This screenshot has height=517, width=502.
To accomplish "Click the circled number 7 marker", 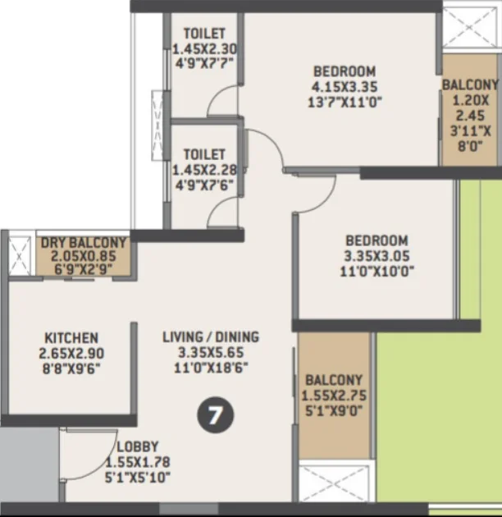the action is point(215,415).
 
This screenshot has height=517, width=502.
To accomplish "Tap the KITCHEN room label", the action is point(71,338).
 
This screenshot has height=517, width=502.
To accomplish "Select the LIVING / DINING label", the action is point(211,337).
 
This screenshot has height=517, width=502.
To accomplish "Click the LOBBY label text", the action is point(138,446).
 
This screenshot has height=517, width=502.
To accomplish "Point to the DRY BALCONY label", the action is point(84,243).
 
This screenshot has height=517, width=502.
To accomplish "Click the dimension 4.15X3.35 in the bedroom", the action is point(345,87).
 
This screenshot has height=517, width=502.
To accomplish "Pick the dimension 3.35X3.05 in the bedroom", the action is point(376,256).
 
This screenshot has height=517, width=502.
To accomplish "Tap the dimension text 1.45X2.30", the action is point(205,49).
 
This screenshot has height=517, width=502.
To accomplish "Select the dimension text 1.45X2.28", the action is point(205,170).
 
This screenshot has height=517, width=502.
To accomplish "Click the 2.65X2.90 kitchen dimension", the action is point(71,354).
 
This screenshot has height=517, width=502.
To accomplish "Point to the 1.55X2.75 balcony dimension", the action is point(334,396).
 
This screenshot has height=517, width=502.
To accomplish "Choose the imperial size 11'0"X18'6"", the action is point(211,368).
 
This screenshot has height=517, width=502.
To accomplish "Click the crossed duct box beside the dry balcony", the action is point(19,256).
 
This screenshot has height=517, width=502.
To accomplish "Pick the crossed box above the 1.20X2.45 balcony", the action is point(469,28).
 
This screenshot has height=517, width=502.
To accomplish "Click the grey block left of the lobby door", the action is point(30,465).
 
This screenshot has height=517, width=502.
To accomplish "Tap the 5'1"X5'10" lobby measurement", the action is point(138,478).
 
